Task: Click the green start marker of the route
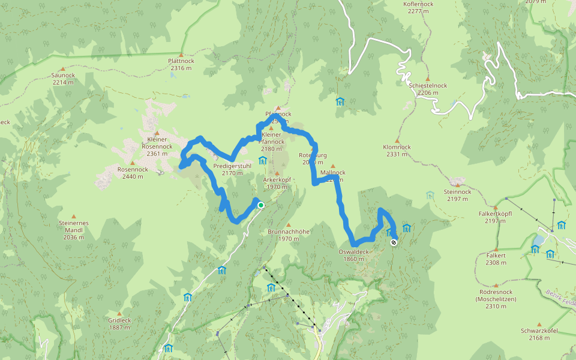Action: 261,205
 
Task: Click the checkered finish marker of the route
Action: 394,242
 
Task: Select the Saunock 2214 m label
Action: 63,79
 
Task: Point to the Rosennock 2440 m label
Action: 133,173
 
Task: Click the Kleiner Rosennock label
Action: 157,146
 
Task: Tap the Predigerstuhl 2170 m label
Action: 232,169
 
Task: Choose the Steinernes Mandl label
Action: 74,230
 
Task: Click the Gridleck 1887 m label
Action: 120,323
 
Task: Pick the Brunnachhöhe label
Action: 289,235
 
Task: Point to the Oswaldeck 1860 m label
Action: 354,255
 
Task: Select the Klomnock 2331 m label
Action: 397,150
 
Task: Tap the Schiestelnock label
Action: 428,89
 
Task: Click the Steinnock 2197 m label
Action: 457,195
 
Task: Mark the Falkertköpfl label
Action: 495,217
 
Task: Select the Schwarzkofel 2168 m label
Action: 539,334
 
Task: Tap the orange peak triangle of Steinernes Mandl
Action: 74,216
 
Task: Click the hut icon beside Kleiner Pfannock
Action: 262,160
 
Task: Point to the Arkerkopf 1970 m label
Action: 277,183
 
